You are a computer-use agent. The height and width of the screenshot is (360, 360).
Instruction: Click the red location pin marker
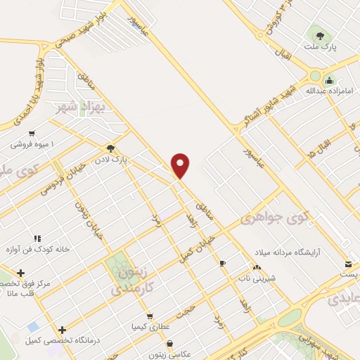pyautogui.click(x=181, y=165)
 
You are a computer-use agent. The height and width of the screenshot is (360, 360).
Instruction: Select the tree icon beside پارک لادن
pyautogui.click(x=110, y=148)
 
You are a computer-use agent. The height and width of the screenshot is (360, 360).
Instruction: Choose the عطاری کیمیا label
pyautogui.click(x=148, y=328)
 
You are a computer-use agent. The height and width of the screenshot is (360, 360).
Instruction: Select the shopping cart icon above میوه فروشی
pyautogui.click(x=32, y=134)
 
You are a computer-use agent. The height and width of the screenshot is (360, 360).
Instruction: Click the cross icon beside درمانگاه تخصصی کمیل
pyautogui.click(x=63, y=330)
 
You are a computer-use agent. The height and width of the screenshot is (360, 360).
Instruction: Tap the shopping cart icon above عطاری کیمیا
pyautogui.click(x=149, y=316)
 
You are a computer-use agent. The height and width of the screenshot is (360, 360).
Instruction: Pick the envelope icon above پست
pyautogui.click(x=347, y=264)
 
